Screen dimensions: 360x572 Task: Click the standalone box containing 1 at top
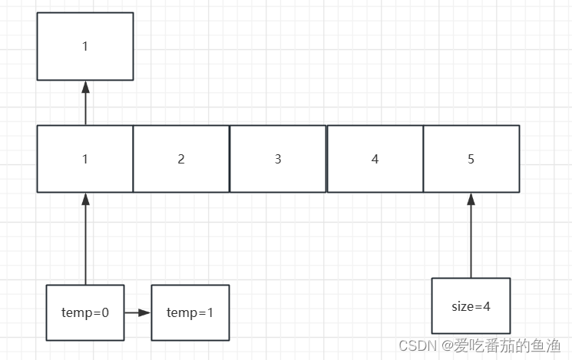85,46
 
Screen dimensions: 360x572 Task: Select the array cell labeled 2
181,159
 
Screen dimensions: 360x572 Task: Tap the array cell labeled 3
278,159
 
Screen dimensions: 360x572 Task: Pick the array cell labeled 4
375,159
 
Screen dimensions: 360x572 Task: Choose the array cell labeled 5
471,159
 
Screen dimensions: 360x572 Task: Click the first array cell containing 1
85,159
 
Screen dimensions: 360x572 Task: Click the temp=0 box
85,312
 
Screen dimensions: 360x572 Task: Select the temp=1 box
190,312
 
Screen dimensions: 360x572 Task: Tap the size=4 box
471,306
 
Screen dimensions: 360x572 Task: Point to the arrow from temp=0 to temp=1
137,312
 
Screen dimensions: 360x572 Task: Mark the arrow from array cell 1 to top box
85,104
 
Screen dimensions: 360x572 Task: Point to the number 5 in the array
471,159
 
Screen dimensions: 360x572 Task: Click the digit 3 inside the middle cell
278,159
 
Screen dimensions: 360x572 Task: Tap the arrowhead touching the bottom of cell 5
471,199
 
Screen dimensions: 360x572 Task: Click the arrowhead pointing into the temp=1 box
145,312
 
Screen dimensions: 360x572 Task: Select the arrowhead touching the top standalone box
85,86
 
